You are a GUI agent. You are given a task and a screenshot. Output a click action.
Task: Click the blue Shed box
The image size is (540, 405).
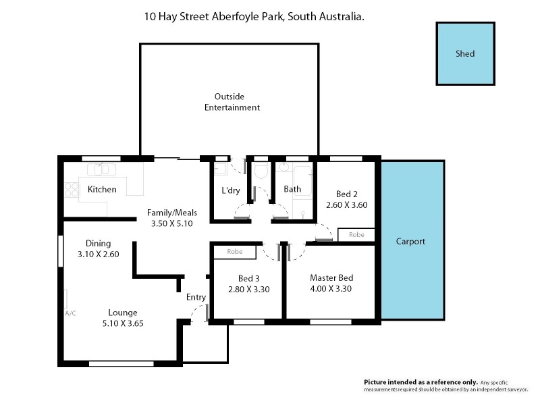(x=465, y=54)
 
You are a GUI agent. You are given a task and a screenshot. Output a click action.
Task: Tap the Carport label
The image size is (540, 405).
(x=410, y=241)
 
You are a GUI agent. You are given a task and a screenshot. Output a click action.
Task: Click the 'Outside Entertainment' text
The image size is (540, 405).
(x=232, y=102)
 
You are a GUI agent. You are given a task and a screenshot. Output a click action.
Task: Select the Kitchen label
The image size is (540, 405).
(x=102, y=190)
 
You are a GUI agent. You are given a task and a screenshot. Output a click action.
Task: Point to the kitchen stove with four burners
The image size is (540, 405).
(x=71, y=190)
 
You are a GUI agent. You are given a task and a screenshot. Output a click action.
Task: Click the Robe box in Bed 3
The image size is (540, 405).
(x=234, y=252)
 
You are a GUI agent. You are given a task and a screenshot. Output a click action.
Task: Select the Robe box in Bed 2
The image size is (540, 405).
(x=356, y=235)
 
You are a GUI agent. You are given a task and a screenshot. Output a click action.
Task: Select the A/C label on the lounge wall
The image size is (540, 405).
(x=70, y=314)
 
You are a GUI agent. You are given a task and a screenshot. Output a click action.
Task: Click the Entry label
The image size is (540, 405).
(x=196, y=298)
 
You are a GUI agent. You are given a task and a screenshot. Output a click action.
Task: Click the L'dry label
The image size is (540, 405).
(x=231, y=190)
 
